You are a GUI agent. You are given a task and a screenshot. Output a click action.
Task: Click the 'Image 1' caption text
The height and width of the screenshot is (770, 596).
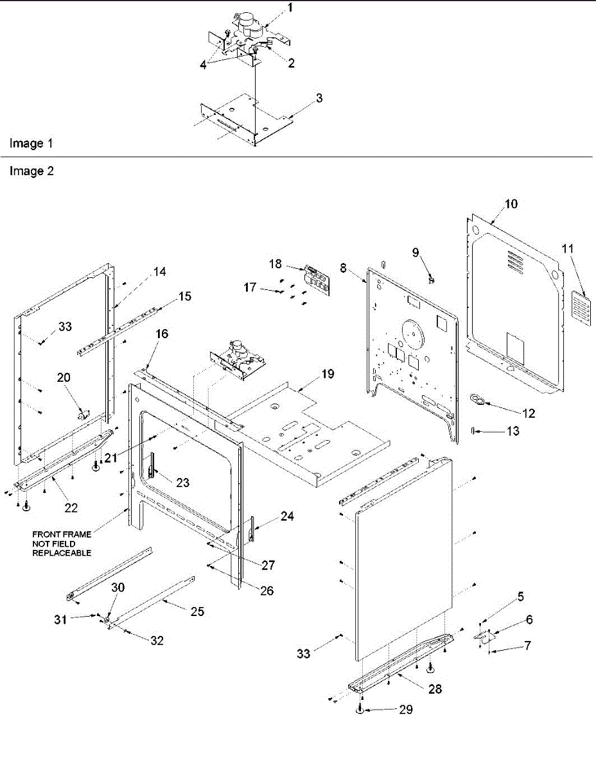tap(30, 144)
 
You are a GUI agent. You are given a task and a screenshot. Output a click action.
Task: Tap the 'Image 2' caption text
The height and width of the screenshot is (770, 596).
tap(30, 171)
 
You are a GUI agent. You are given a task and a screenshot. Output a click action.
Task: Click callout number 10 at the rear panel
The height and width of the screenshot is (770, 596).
tap(511, 204)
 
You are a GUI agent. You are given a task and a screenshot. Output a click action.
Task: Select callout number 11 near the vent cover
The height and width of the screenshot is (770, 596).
tap(568, 248)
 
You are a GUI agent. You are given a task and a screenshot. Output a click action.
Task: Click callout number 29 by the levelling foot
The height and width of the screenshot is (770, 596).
tap(405, 709)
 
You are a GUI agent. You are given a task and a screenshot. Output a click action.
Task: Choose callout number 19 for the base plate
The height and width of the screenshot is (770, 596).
tap(328, 375)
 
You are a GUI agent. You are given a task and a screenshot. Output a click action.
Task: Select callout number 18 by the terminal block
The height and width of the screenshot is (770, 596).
tap(276, 263)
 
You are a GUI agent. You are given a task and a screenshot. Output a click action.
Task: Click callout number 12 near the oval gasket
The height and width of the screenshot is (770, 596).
tap(529, 414)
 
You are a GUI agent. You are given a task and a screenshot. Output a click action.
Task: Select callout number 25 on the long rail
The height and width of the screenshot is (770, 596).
tap(197, 612)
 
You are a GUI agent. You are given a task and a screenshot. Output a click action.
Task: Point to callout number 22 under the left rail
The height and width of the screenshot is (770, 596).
tap(71, 507)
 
